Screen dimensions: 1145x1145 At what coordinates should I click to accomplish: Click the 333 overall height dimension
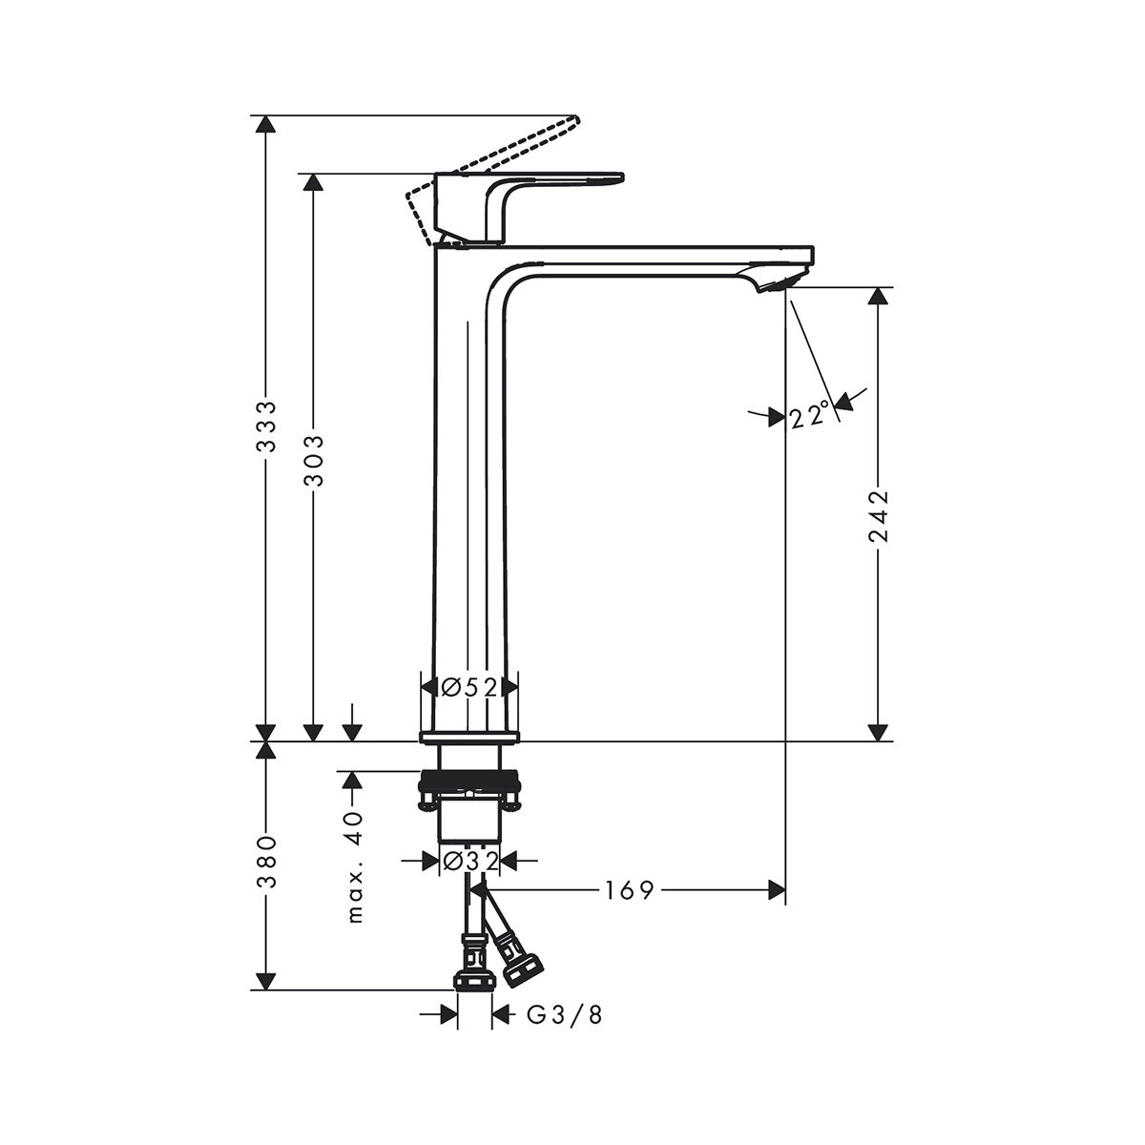click(x=266, y=426)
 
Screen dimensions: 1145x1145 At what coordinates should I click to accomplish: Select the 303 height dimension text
click(x=314, y=461)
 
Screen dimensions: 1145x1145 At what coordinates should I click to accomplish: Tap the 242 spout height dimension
click(x=878, y=516)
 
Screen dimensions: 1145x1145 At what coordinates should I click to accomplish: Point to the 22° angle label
click(x=810, y=414)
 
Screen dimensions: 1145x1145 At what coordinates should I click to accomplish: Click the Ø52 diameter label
click(x=469, y=687)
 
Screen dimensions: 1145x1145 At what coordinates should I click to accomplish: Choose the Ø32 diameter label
click(x=469, y=861)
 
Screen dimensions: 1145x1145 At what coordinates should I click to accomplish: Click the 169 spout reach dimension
click(x=629, y=889)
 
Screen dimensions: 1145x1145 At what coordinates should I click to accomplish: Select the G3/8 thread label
click(x=565, y=1015)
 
